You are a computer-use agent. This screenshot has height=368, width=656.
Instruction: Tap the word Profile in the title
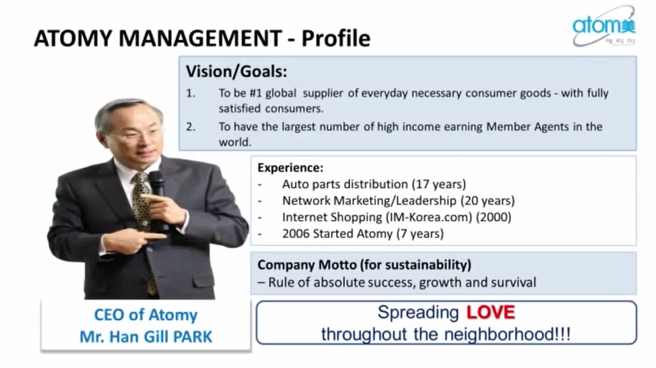pos(336,39)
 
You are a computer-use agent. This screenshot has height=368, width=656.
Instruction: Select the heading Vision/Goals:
pos(236,72)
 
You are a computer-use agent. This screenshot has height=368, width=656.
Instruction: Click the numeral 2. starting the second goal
pos(191,127)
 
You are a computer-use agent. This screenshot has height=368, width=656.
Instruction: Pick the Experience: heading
pos(290,168)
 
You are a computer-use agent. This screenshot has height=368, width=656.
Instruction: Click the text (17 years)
pos(439,184)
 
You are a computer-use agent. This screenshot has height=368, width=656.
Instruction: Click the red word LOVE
pos(490,313)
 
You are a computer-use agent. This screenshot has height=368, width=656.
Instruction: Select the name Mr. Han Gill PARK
pos(146,336)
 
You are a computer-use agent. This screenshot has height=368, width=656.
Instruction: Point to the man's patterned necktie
pos(142,202)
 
